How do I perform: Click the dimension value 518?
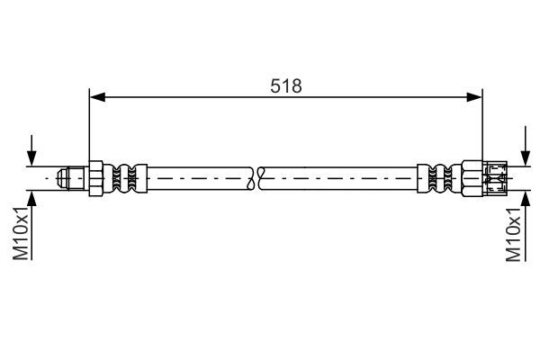(x=286, y=85)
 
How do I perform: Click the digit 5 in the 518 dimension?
(x=275, y=85)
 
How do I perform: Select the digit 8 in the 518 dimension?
(x=297, y=85)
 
